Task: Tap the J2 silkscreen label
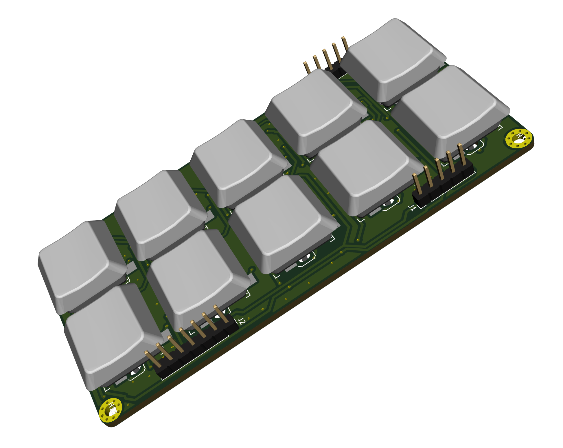coord(242,321)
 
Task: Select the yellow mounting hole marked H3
coord(519,139)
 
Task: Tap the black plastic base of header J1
coord(443,185)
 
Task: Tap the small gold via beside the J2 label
coord(249,319)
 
